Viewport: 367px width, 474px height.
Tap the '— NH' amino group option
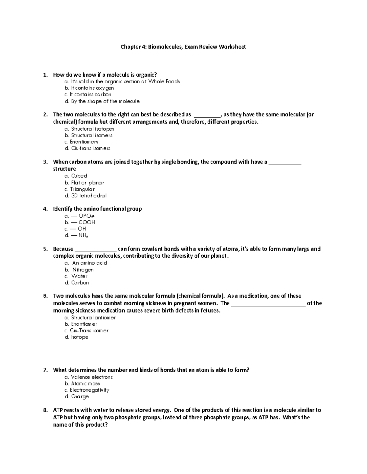80,235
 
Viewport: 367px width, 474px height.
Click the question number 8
45,410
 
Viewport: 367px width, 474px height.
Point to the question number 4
45,209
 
